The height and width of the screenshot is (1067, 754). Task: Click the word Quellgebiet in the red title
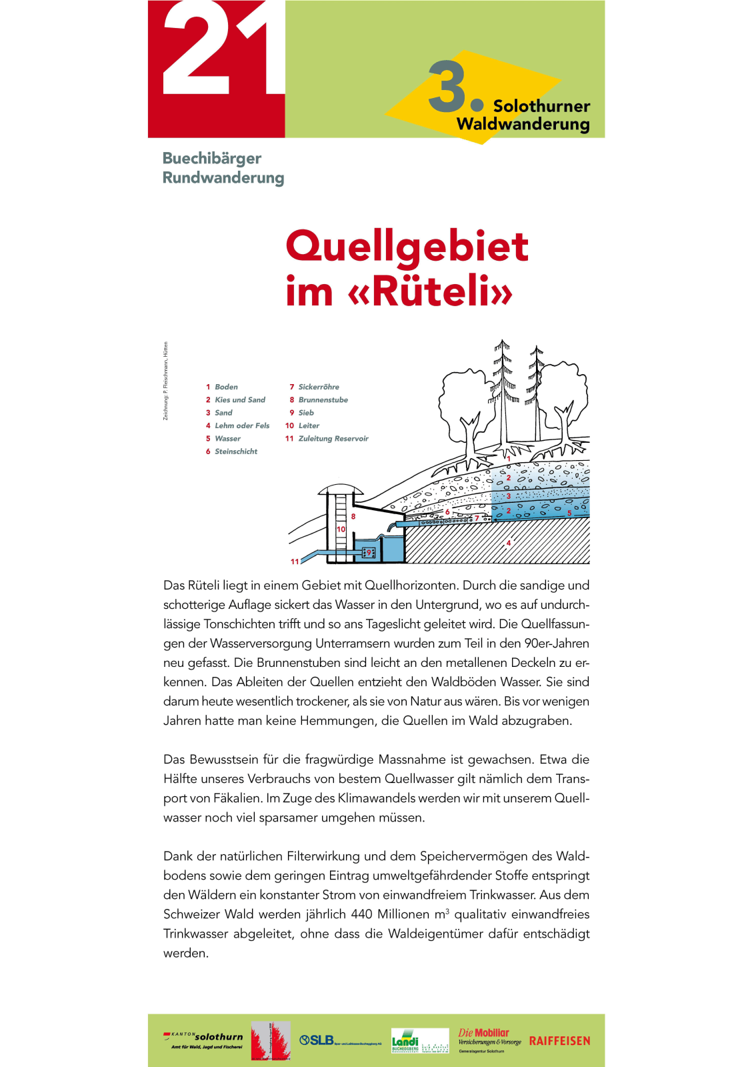point(407,247)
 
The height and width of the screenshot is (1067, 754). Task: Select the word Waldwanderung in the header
point(523,125)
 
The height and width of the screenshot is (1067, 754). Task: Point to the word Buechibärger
point(211,159)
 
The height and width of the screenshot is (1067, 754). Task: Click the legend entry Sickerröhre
point(318,387)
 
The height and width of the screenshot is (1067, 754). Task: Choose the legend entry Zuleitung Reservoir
point(333,439)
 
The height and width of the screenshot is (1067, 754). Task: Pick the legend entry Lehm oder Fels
point(241,425)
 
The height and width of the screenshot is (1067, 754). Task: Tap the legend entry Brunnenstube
point(323,400)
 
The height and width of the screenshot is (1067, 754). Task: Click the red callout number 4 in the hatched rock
point(509,543)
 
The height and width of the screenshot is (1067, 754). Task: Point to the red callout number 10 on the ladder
point(341,529)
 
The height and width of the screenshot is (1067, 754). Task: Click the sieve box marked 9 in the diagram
point(369,553)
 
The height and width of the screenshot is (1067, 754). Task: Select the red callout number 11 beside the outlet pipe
point(295,562)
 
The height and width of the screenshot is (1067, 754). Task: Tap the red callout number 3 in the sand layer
point(509,496)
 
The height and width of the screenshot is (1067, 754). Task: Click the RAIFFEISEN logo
point(559,1041)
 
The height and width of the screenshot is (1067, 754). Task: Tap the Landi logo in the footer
point(405,1041)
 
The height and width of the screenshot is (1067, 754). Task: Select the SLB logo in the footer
point(317,1040)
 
